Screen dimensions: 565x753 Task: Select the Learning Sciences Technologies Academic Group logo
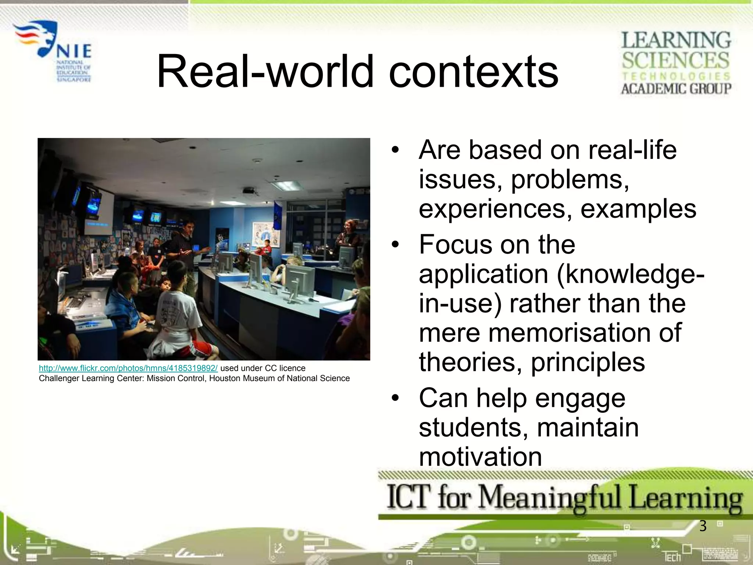point(676,63)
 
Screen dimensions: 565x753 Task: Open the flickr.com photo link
point(128,368)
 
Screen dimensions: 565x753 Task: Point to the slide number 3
point(703,526)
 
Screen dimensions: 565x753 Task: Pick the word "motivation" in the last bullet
point(480,457)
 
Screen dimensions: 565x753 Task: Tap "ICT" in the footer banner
point(408,497)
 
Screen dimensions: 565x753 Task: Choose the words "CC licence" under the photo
point(285,368)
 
